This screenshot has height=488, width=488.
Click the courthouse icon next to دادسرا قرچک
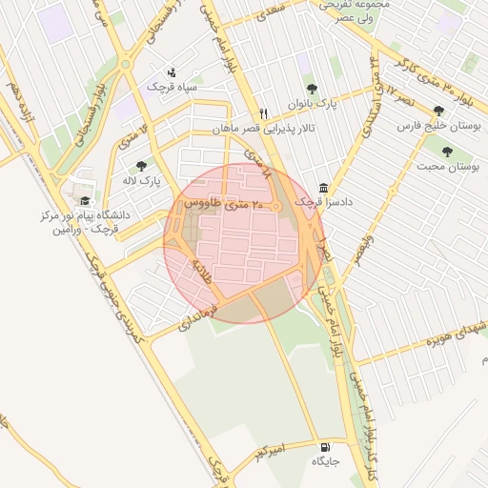[x=324, y=187]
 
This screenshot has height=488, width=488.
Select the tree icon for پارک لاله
[x=142, y=166]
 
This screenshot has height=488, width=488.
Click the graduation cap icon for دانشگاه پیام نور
[x=86, y=201]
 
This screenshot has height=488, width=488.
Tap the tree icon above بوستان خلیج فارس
[x=438, y=111]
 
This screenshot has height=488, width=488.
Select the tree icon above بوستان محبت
[x=447, y=151]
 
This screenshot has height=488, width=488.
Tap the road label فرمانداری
[x=199, y=312]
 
